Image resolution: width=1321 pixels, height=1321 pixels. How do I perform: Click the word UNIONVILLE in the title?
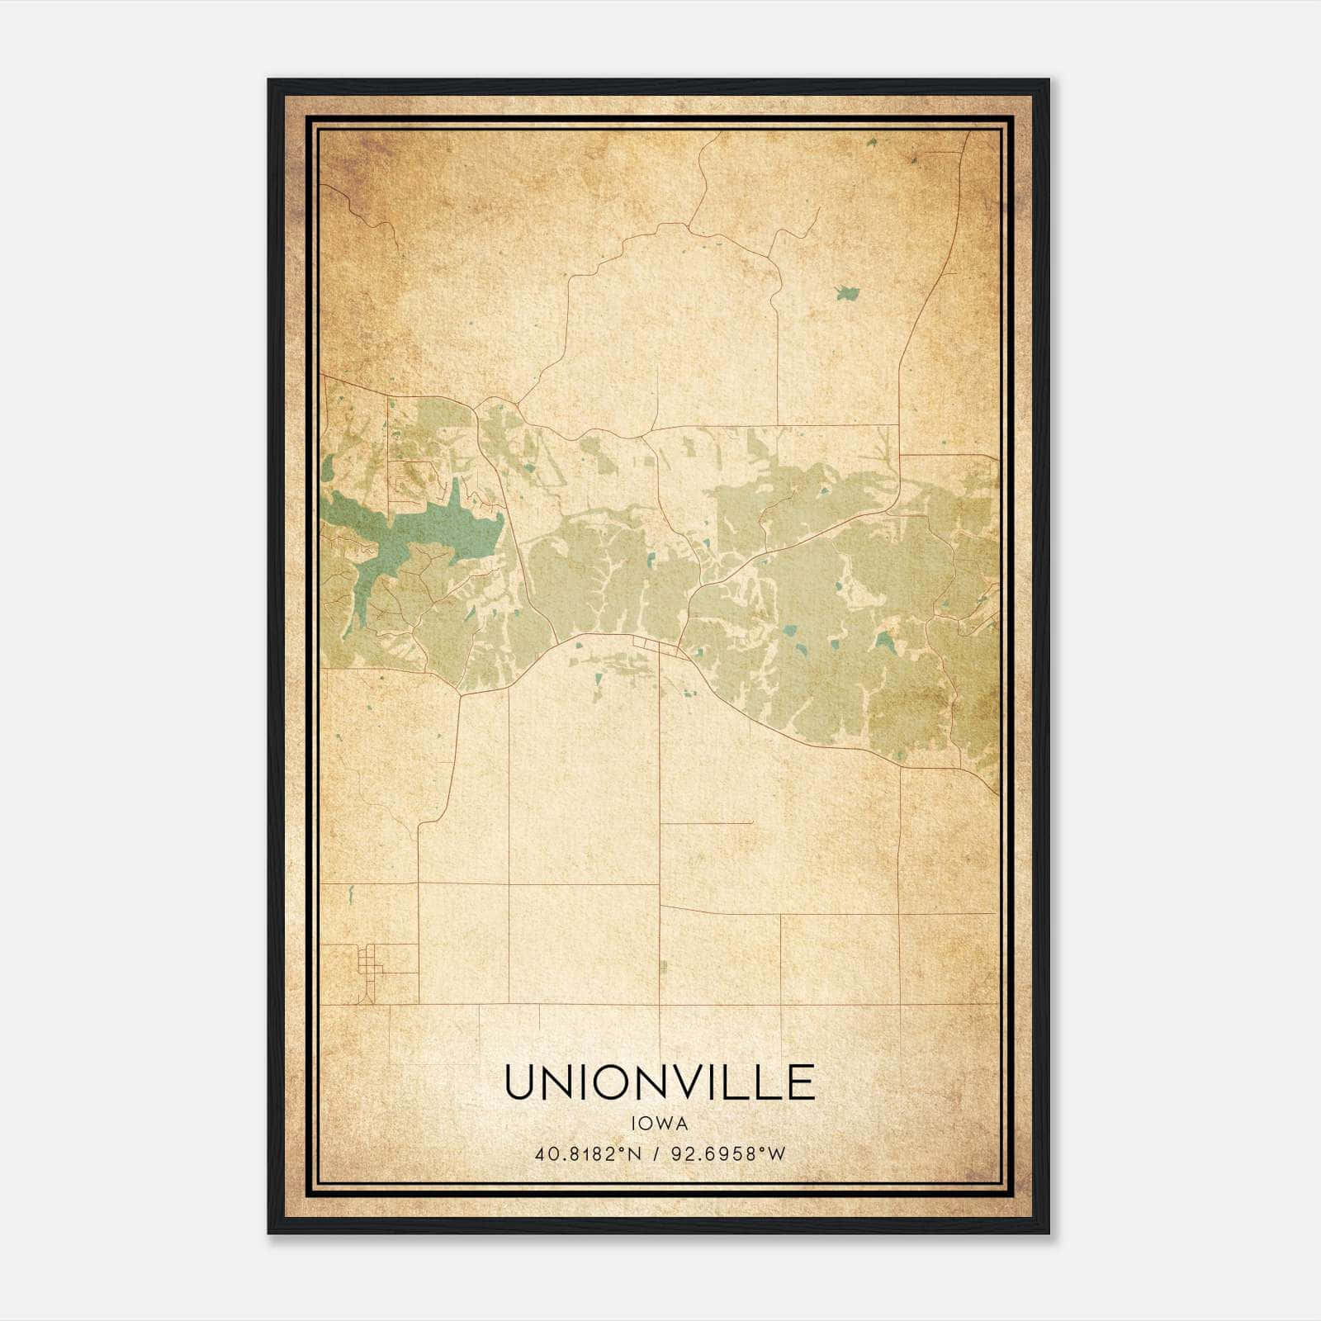(659, 1082)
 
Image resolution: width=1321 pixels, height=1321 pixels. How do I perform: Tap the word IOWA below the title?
(659, 1123)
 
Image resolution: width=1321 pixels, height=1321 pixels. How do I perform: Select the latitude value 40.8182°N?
(588, 1154)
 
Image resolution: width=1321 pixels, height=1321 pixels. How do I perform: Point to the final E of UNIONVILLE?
(801, 1082)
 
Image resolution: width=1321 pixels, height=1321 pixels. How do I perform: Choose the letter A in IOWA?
(681, 1123)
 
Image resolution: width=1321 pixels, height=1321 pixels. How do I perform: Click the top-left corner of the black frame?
(269, 81)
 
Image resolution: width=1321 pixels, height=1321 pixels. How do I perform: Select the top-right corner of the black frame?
(1048, 81)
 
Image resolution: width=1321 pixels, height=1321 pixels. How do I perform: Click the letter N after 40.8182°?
(636, 1154)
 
